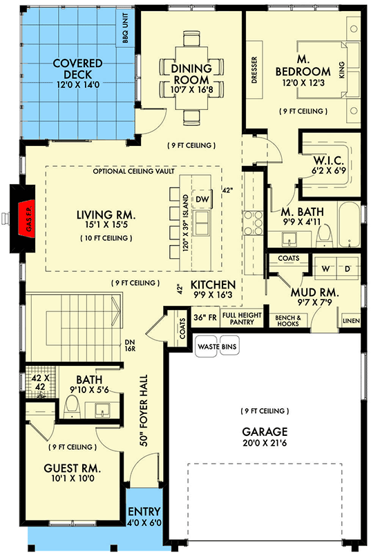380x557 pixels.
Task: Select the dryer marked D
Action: (x=348, y=268)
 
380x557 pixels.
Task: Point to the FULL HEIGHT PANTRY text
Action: (x=241, y=318)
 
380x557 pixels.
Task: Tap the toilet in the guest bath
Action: (x=70, y=409)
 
